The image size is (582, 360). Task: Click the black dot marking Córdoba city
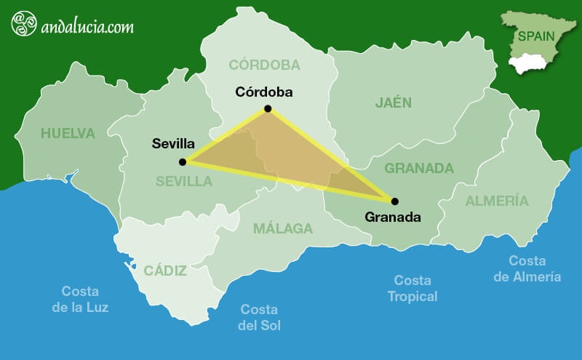268,108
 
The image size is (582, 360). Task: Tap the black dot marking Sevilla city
183,161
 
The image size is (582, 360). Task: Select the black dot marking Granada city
395,201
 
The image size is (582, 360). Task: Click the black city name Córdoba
264,92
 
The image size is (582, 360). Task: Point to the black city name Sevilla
173,143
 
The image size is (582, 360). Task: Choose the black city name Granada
393,217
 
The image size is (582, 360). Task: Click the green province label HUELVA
68,133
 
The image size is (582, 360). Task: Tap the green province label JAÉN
394,103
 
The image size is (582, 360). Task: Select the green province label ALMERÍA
498,201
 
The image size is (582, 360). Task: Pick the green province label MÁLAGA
283,228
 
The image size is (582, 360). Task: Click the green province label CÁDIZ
166,271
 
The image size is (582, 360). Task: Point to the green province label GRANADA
419,169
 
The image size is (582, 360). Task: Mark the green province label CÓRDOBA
264,65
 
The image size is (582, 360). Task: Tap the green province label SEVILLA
183,181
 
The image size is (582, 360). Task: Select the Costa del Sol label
260,317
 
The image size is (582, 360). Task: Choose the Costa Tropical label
412,288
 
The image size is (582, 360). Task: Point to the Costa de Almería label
527,268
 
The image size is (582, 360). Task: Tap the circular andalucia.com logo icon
24,23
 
